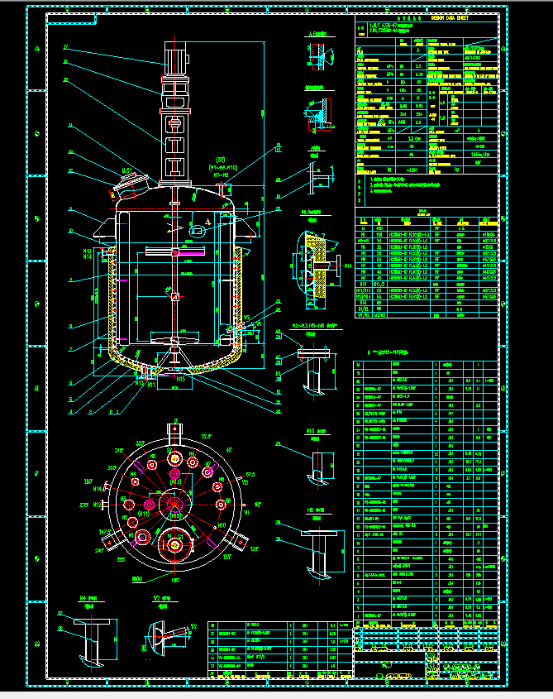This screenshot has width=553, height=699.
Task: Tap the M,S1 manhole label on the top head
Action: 129,170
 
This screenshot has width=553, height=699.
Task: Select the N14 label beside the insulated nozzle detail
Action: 348,266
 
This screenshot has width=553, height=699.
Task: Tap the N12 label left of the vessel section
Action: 87,250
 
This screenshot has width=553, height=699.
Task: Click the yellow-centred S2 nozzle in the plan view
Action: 176,539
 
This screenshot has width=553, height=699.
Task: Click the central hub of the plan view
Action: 174,504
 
